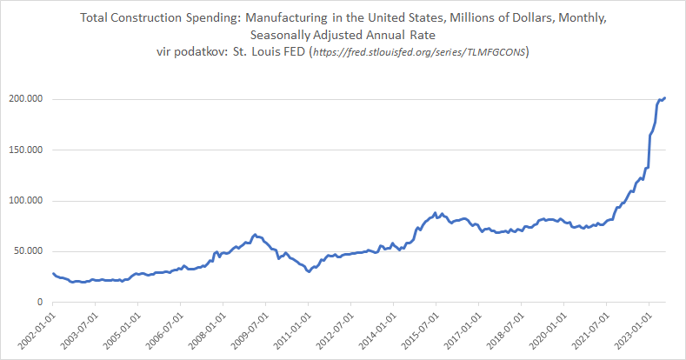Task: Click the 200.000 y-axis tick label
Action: pyautogui.click(x=25, y=99)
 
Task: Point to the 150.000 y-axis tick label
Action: pyautogui.click(x=25, y=150)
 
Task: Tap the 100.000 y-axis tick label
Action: pyautogui.click(x=25, y=201)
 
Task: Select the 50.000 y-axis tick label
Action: pyautogui.click(x=28, y=251)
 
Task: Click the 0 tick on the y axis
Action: pyautogui.click(x=41, y=303)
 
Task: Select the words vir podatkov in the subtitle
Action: pyautogui.click(x=190, y=53)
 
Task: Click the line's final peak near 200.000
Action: pyautogui.click(x=665, y=97)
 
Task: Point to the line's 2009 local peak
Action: pyautogui.click(x=255, y=234)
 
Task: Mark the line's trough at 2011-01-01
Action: pyautogui.click(x=309, y=272)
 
